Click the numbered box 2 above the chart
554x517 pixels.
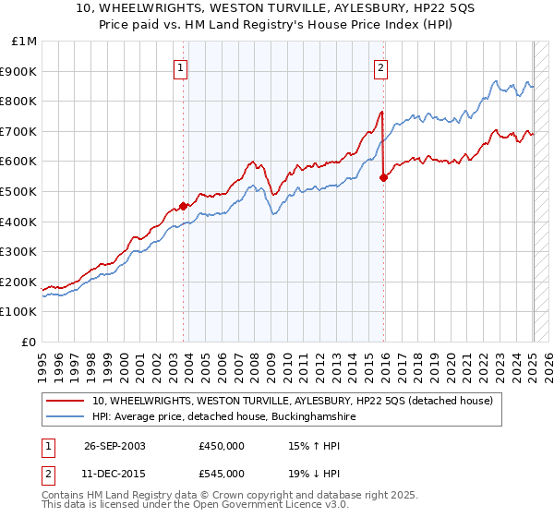point(380,66)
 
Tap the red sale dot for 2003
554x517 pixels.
point(184,206)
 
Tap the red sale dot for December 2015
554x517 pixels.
point(384,178)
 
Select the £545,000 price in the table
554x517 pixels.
point(222,474)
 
